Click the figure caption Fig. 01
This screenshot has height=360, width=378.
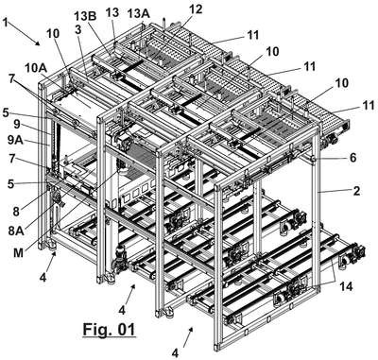109,330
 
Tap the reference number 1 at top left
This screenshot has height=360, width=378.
6,22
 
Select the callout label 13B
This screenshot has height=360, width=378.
85,16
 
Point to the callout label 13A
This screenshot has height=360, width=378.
139,14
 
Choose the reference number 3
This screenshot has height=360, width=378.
78,30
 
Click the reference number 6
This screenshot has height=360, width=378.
352,158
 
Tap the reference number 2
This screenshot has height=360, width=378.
356,191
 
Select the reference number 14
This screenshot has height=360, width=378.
346,286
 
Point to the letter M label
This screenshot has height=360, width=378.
19,252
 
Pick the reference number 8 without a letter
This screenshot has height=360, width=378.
16,211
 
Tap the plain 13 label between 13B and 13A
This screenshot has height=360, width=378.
112,12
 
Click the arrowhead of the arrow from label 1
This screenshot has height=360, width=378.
38,43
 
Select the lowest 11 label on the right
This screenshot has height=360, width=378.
368,105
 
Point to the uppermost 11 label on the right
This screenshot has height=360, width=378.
251,35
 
